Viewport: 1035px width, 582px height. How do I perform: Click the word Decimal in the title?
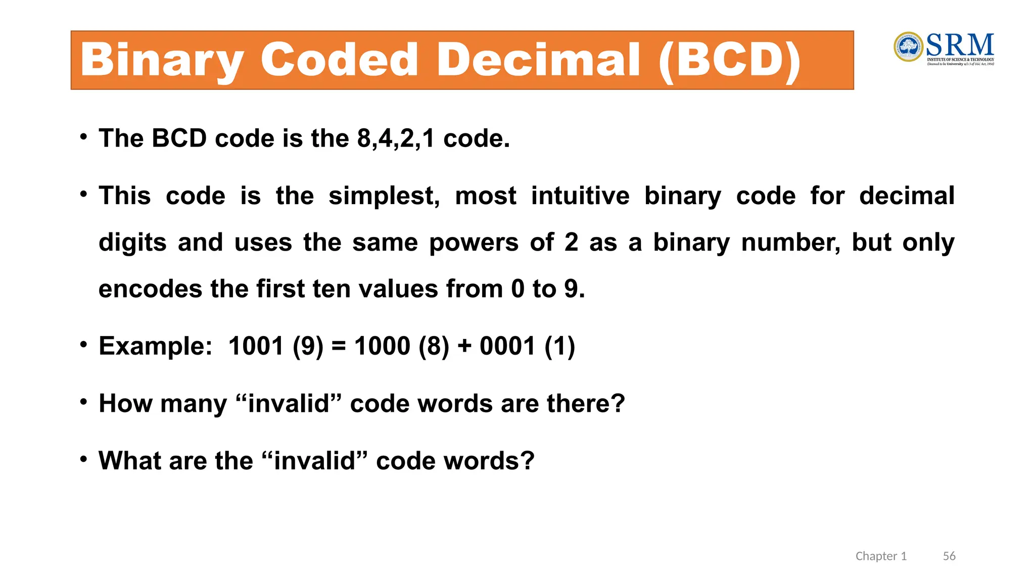click(x=539, y=60)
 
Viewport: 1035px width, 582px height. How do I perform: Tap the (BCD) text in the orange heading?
click(x=730, y=61)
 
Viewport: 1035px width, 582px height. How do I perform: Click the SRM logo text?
click(x=960, y=45)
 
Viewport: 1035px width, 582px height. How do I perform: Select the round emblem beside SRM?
click(x=908, y=47)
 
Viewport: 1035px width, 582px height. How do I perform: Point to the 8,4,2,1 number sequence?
click(x=396, y=138)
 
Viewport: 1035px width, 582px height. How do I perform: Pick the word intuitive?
click(x=580, y=196)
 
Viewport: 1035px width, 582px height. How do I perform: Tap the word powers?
click(x=474, y=243)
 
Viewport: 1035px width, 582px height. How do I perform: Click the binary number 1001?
click(x=256, y=347)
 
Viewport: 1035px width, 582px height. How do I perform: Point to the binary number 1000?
click(x=382, y=347)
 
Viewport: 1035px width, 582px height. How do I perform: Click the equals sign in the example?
click(x=339, y=347)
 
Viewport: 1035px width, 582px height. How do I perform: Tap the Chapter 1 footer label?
click(x=881, y=556)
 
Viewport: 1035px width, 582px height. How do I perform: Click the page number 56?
click(x=949, y=556)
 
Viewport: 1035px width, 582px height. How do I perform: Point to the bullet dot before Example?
click(x=83, y=345)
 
